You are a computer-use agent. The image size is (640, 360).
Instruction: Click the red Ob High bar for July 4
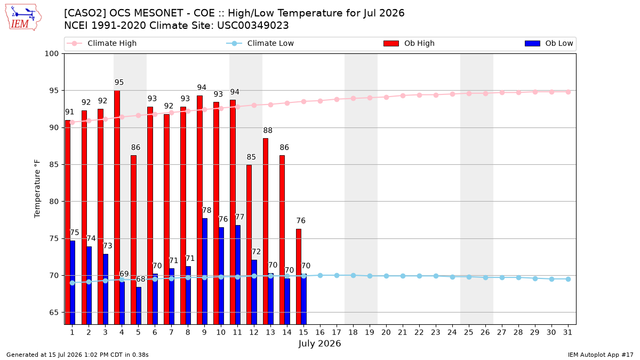pos(117,207)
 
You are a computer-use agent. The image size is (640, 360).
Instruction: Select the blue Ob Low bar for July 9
pos(205,271)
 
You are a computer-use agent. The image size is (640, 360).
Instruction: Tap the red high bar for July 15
pos(299,277)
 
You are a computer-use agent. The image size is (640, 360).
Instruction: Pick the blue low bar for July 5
pos(139,306)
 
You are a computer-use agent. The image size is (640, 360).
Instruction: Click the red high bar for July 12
pos(249,245)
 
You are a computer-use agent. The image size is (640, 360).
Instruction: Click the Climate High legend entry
pos(101,43)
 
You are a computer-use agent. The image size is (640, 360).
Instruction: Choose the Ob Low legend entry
pos(549,43)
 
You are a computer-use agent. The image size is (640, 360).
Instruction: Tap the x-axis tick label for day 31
pos(567,332)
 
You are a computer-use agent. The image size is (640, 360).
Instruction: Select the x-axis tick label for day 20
pos(386,332)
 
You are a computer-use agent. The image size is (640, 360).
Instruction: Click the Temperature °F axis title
pos(37,189)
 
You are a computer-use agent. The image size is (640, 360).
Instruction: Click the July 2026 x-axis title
pos(319,343)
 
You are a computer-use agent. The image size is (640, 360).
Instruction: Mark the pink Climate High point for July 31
pos(568,92)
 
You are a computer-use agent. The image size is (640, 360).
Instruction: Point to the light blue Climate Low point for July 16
pos(321,275)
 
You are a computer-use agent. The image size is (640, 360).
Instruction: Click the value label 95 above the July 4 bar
pos(119,83)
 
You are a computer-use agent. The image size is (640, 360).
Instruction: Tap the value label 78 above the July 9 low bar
pos(206,211)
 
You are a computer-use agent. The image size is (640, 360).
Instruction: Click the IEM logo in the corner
pos(23,18)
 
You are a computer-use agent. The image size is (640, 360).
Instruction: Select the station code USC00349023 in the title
pos(253,26)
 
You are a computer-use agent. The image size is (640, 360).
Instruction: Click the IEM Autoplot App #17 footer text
pos(601,355)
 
